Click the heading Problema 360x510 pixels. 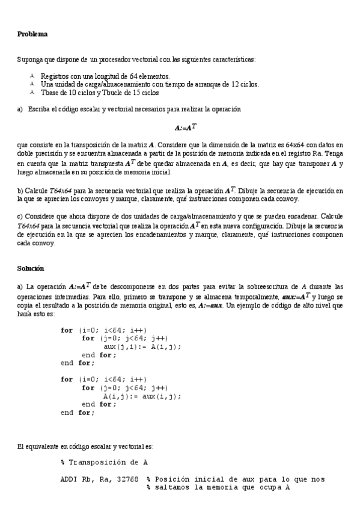[32, 34]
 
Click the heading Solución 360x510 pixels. [31, 267]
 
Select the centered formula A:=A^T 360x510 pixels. [184, 127]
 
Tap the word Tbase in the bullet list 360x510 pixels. [50, 93]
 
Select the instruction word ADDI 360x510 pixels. [69, 479]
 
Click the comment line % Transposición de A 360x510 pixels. [105, 462]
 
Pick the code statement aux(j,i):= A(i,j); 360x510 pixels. [142, 346]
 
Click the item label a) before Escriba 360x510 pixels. [20, 110]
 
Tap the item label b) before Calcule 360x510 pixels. [21, 191]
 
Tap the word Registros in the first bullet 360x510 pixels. [55, 76]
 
